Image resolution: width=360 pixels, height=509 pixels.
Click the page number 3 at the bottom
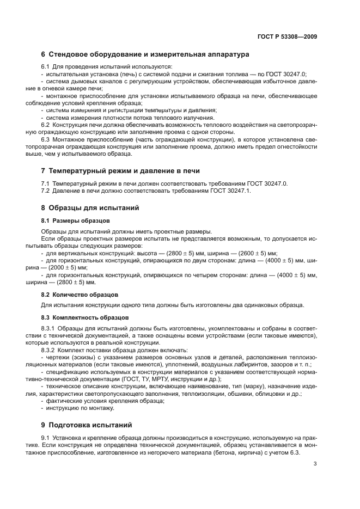pyautogui.click(x=315, y=464)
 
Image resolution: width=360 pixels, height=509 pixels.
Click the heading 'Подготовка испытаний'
pyautogui.click(x=91, y=425)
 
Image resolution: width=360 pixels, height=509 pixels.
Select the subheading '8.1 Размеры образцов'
pyautogui.click(x=75, y=220)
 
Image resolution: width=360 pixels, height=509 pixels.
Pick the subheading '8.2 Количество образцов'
pyautogui.click(x=81, y=295)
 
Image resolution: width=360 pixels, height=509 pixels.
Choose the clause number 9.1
pyautogui.click(x=46, y=438)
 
